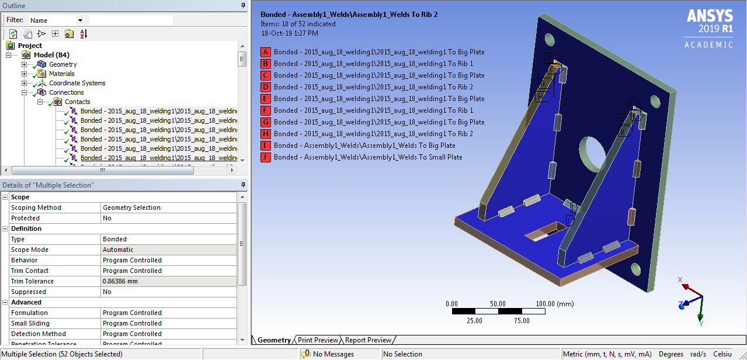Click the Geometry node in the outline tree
[x=62, y=64]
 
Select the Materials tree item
[x=61, y=74]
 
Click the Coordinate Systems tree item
[x=77, y=83]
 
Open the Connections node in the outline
[x=66, y=92]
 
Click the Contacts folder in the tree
[x=77, y=102]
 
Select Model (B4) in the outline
[x=51, y=55]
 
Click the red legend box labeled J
[x=266, y=157]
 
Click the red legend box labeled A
[x=266, y=52]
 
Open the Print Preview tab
[x=318, y=340]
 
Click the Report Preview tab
[x=368, y=340]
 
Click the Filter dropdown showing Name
[x=55, y=20]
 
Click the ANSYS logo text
[x=710, y=16]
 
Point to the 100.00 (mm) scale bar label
[x=555, y=304]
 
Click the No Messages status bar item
[x=333, y=354]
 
